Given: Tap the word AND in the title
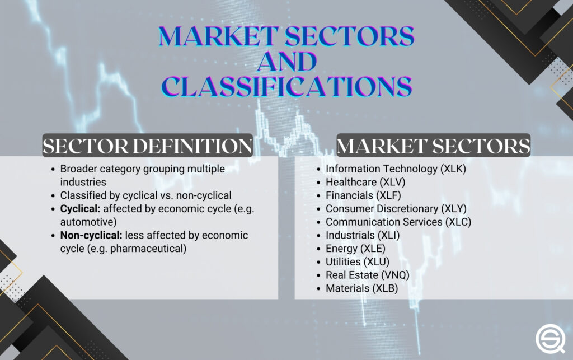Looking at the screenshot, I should pos(286,61).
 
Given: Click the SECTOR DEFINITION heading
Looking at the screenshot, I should pos(148,146).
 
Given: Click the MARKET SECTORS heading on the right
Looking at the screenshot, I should pos(433,146).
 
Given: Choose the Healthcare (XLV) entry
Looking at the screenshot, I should pos(365,182).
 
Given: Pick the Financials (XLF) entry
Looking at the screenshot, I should pos(363,195).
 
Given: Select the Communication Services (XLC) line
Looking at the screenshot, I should pos(398,222).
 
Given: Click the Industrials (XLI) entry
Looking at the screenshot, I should pos(363,235).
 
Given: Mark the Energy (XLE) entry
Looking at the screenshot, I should pos(355,249).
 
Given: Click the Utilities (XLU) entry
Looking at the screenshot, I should pos(357,262).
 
